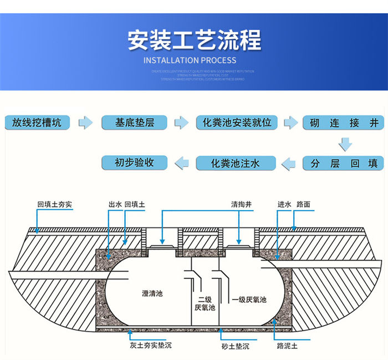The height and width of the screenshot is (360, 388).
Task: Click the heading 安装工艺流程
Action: [194, 40]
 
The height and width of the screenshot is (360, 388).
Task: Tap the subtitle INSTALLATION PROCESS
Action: [190, 60]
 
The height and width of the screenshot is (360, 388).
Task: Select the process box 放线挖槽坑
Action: [38, 123]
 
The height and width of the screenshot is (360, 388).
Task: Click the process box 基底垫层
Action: [135, 123]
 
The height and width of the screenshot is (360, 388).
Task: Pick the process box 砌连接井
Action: [343, 123]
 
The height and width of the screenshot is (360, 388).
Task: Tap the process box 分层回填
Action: [343, 164]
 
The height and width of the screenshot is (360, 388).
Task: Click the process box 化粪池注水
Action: [236, 164]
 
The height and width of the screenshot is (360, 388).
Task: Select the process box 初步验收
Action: [135, 163]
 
